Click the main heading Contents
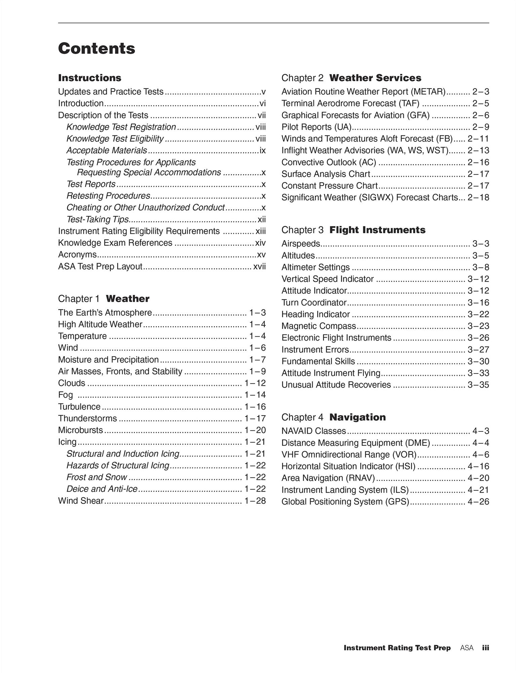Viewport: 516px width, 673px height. coord(97,48)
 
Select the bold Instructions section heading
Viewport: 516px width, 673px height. coord(89,78)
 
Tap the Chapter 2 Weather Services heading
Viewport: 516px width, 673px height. coord(351,78)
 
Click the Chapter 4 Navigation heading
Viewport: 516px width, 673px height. coord(333,417)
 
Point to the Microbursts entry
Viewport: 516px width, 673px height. coord(80,430)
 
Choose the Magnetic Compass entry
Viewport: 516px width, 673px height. coord(319,326)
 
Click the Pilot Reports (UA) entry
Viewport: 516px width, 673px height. coord(316,127)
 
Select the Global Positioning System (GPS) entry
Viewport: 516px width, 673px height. coord(345,501)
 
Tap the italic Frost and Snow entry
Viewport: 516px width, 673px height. coord(97,477)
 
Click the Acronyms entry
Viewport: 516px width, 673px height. coord(77,254)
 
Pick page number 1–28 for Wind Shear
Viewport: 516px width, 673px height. coord(255,501)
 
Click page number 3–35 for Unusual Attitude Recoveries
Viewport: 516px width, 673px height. coord(478,385)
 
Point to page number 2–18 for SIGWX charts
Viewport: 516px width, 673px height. coord(478,197)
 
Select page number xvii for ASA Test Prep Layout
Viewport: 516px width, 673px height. coord(259,267)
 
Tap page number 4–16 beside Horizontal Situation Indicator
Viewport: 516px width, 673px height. coord(478,466)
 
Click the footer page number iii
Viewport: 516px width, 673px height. coord(485,648)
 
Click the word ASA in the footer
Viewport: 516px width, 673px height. coord(467,648)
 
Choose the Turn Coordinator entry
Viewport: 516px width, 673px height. coord(314,303)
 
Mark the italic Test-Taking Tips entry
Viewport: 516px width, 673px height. coord(98,219)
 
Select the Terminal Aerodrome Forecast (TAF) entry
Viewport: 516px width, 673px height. coord(350,103)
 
